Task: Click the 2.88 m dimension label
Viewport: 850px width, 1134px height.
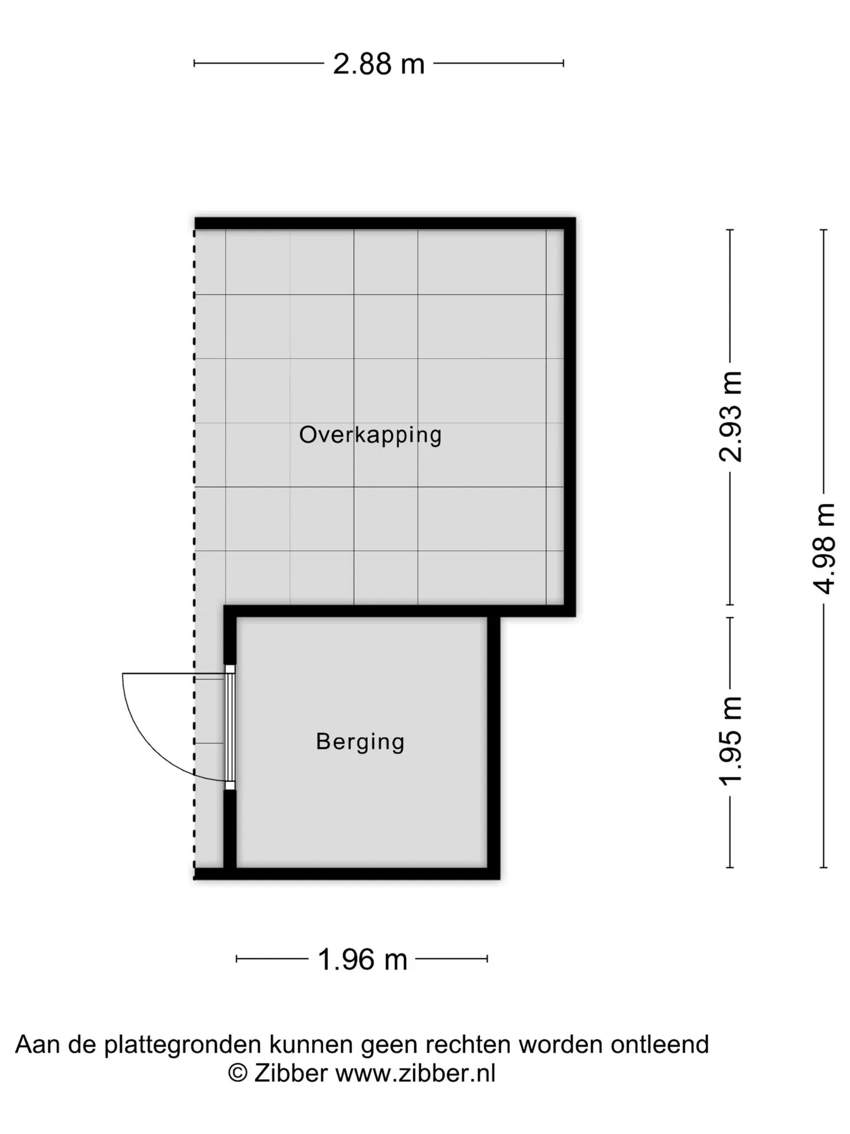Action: click(x=378, y=64)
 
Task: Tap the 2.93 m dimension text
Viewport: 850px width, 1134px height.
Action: click(x=731, y=416)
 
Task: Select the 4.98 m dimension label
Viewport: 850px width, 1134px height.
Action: click(x=824, y=548)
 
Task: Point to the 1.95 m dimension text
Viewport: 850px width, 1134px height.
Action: click(x=731, y=741)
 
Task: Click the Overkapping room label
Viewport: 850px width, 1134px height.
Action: click(x=370, y=435)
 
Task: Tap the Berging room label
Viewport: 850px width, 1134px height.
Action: click(x=360, y=742)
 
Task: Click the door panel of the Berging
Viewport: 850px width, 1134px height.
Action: click(x=230, y=727)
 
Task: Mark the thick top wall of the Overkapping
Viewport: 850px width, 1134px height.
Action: click(x=385, y=223)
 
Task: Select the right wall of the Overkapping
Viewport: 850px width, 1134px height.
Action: click(x=570, y=417)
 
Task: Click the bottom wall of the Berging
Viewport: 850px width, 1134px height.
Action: click(x=347, y=874)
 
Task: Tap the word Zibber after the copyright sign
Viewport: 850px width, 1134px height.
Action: click(x=290, y=1073)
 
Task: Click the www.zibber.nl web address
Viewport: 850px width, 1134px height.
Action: click(x=416, y=1073)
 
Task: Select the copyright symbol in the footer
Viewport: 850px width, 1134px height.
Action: click(x=237, y=1073)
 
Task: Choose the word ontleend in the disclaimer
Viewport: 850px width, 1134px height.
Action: click(x=660, y=1045)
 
